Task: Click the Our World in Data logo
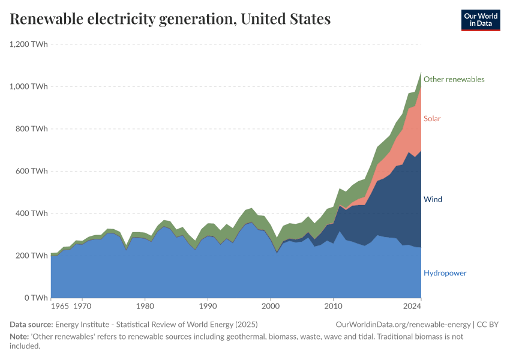(481, 20)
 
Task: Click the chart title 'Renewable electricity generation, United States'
(170, 19)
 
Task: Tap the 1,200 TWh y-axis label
(29, 44)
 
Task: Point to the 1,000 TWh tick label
(29, 86)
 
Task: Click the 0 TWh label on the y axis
(36, 298)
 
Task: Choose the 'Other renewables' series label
(454, 79)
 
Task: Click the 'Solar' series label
(432, 118)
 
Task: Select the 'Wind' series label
(433, 199)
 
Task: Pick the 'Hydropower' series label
(445, 273)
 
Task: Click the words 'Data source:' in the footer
(31, 325)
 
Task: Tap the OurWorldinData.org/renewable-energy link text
(403, 325)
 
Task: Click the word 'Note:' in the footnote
(20, 337)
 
